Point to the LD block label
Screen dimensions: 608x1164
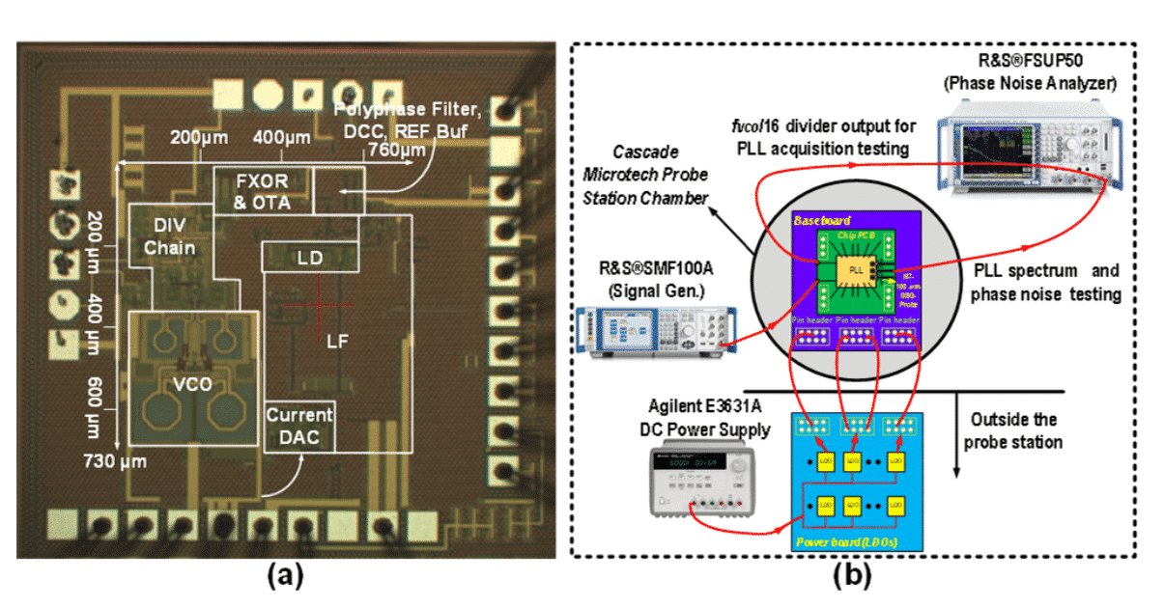tap(310, 257)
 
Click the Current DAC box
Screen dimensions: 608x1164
tap(299, 426)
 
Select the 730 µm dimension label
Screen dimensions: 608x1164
tap(114, 461)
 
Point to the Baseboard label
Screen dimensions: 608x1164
tap(816, 221)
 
